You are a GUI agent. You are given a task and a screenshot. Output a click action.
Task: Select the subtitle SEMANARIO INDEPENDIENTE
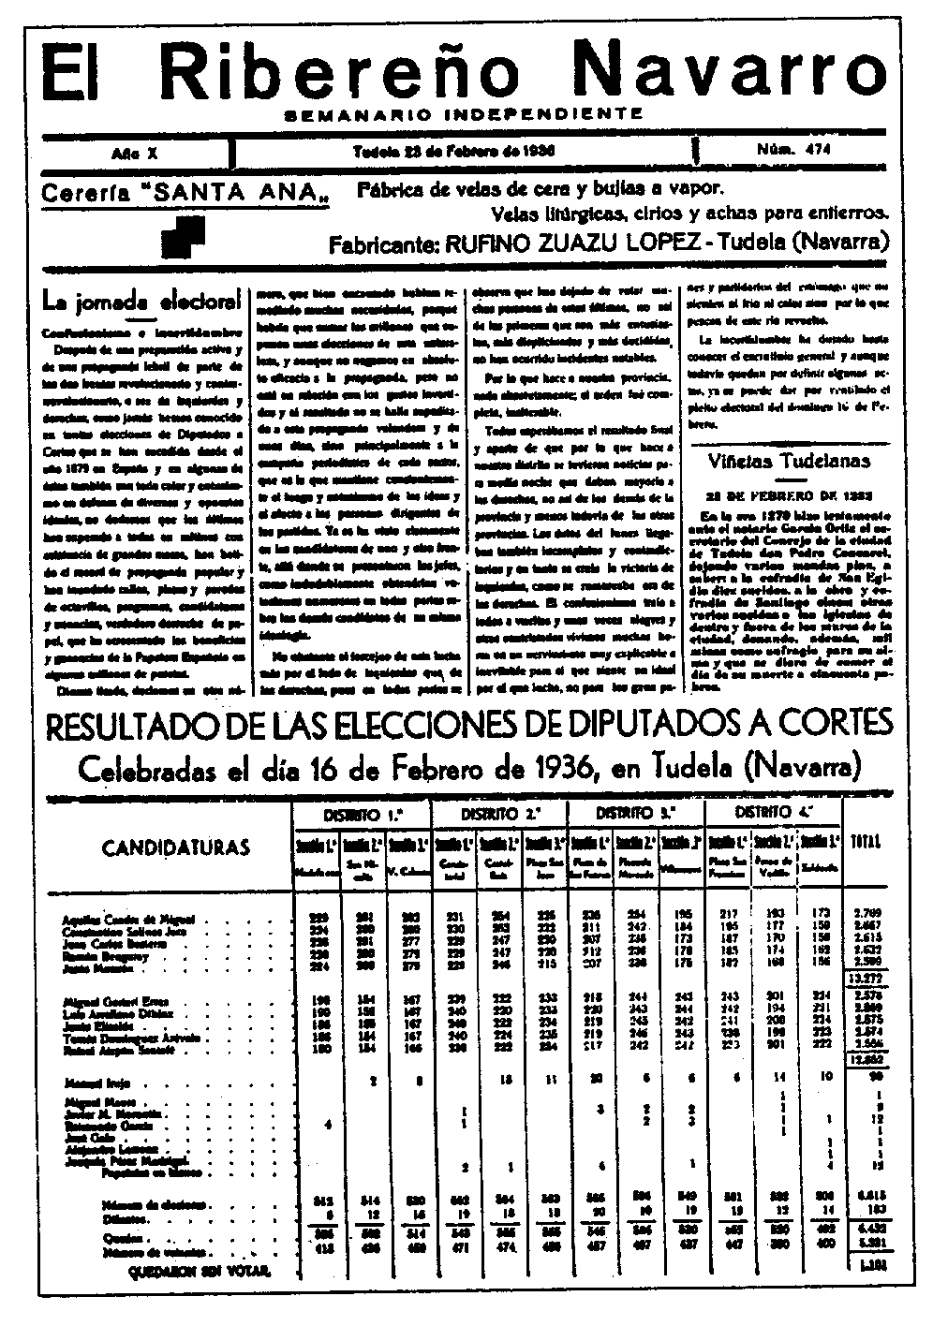464,114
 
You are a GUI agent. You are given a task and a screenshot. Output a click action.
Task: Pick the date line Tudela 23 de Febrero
454,151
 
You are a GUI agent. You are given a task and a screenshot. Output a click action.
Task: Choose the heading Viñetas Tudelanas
789,460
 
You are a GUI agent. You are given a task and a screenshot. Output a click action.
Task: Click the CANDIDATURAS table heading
176,847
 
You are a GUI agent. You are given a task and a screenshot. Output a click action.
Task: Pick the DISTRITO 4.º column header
774,812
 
